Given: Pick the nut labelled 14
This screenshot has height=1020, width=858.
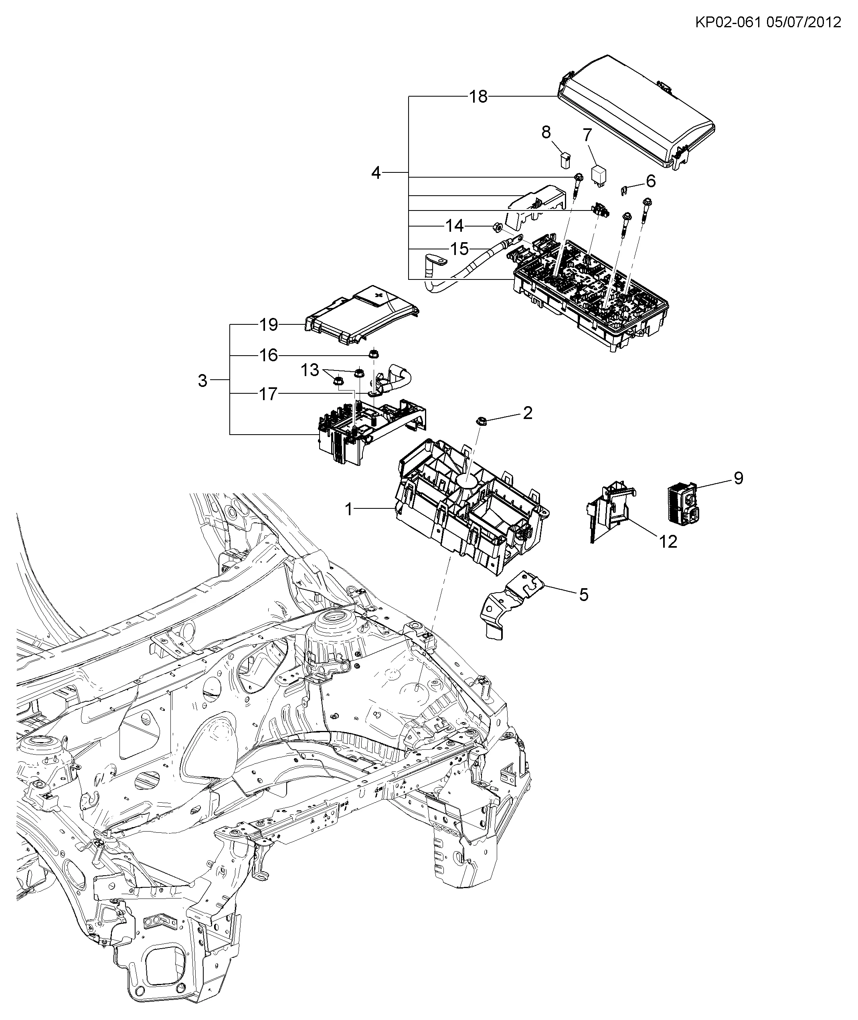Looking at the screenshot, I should click(497, 226).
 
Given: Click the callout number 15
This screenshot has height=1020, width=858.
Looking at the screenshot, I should click(459, 249).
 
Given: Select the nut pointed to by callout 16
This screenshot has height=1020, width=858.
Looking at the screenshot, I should click(374, 354).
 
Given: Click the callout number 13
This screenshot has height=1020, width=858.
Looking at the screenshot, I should click(310, 370).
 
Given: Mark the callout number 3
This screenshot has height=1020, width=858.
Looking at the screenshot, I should click(202, 380).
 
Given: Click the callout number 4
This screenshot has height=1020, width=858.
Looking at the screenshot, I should click(376, 172).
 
